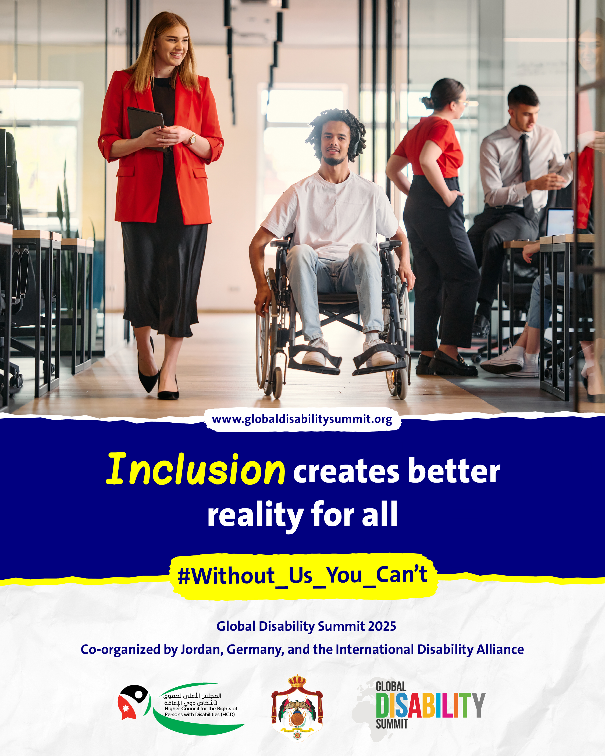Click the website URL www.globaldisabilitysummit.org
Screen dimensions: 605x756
(302, 419)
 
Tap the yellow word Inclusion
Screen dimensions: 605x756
(196, 469)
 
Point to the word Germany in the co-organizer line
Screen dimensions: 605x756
(255, 650)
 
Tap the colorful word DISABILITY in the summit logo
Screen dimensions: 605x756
(430, 705)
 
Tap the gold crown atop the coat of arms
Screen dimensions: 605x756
(297, 681)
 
